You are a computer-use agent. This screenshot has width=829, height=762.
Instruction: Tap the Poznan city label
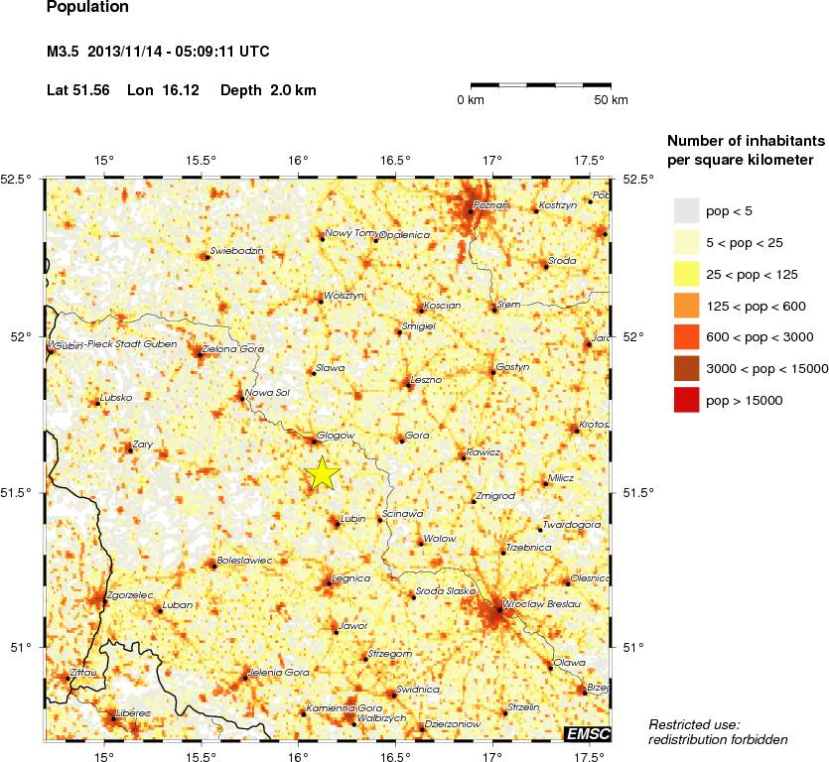pyautogui.click(x=491, y=204)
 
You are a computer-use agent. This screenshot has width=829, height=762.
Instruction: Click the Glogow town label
pyautogui.click(x=337, y=434)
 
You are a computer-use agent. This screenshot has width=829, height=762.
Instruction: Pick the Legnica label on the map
pyautogui.click(x=351, y=577)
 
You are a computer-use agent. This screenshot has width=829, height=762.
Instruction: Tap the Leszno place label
pyautogui.click(x=426, y=379)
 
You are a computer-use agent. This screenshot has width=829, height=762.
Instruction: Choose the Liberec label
pyautogui.click(x=133, y=712)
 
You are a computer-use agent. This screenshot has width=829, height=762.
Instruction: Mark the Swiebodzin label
pyautogui.click(x=237, y=251)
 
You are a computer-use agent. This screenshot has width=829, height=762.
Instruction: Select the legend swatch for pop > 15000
pyautogui.click(x=687, y=401)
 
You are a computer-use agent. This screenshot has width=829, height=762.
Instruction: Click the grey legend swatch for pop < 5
pyautogui.click(x=687, y=210)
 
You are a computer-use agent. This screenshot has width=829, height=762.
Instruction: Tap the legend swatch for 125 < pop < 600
pyautogui.click(x=687, y=306)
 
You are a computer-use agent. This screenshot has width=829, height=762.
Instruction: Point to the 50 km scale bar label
pyautogui.click(x=611, y=100)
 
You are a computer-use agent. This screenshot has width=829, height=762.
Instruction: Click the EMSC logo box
pyautogui.click(x=587, y=734)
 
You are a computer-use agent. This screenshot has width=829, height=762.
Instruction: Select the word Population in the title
pyautogui.click(x=87, y=7)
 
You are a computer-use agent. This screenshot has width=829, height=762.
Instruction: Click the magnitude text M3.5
pyautogui.click(x=65, y=52)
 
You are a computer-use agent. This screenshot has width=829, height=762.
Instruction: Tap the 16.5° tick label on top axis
pyautogui.click(x=395, y=161)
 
